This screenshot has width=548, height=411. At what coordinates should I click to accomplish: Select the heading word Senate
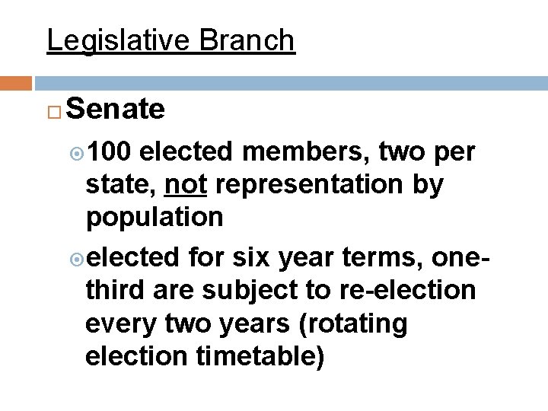point(116,110)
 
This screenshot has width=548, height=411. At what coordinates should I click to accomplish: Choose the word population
point(155,218)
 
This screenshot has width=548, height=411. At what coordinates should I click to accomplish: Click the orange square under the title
point(16,81)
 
